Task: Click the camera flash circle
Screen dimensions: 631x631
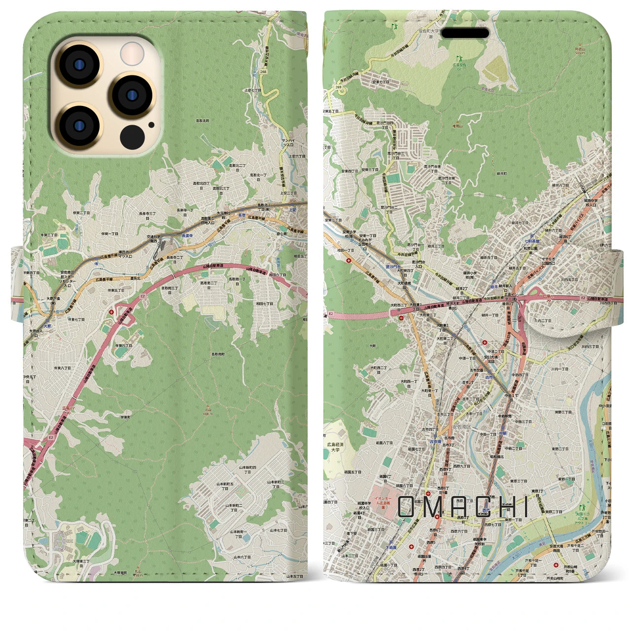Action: coord(132,52)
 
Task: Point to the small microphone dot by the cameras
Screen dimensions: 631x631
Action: coord(151,125)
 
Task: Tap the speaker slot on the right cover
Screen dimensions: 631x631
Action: coord(465,33)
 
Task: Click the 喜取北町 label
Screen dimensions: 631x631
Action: coord(203,120)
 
